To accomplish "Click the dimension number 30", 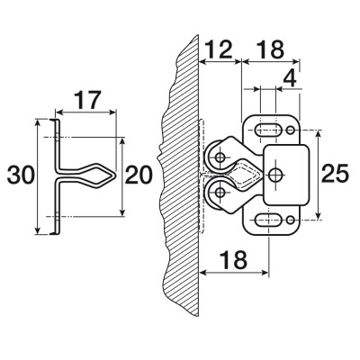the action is click(x=21, y=175).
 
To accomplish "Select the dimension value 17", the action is click(x=86, y=100).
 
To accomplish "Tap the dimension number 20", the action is click(x=139, y=175).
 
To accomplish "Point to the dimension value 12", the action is click(x=220, y=49).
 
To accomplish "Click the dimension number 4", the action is click(x=290, y=79).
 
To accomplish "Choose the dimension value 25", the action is click(x=335, y=174).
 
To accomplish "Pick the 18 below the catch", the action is click(x=233, y=260).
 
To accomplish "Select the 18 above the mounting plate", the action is click(x=270, y=49).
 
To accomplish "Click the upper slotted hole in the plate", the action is click(x=268, y=130).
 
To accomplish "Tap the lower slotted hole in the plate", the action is click(x=268, y=220).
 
